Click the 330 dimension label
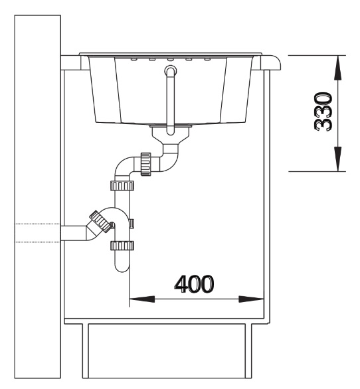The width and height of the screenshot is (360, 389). click(x=323, y=112)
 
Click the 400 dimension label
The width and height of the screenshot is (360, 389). click(x=194, y=284)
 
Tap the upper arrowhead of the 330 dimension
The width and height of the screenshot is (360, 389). click(x=337, y=68)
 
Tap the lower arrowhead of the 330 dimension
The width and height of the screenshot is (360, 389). click(x=337, y=159)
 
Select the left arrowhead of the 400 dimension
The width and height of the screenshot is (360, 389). click(x=142, y=299)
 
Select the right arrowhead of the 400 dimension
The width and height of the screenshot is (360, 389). click(x=251, y=299)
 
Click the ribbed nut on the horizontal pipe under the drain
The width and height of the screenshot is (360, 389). click(x=145, y=164)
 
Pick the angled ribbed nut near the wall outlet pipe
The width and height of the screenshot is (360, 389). click(x=100, y=222)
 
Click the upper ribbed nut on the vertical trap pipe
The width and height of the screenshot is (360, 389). click(x=122, y=186)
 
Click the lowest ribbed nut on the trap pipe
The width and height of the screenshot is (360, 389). click(x=122, y=246)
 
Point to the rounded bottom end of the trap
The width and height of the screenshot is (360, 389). click(x=122, y=268)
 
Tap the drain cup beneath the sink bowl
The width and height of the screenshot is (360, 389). click(x=171, y=135)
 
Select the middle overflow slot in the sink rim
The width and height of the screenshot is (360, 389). click(x=171, y=59)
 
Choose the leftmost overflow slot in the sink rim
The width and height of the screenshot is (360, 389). click(x=134, y=59)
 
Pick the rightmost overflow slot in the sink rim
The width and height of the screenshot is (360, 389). click(x=207, y=59)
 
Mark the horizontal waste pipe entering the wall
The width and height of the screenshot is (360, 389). click(x=74, y=233)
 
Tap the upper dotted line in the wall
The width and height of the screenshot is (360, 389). click(x=37, y=224)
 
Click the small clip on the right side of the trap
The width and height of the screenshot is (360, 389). click(x=132, y=224)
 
